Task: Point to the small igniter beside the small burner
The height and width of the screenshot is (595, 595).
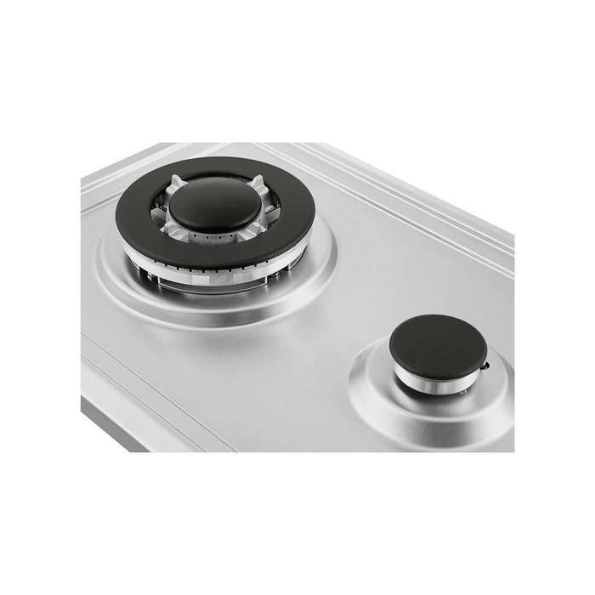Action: click(485, 366)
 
